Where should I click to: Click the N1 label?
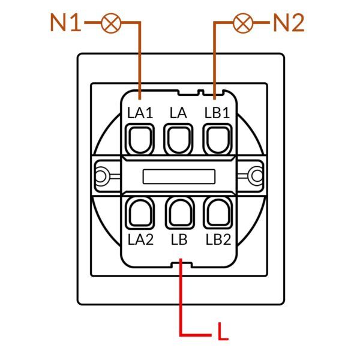pyautogui.click(x=65, y=23)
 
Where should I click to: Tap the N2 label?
pyautogui.click(x=289, y=23)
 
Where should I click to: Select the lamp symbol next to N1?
pyautogui.click(x=111, y=23)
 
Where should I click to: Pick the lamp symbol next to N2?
pyautogui.click(x=243, y=23)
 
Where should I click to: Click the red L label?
pyautogui.click(x=223, y=331)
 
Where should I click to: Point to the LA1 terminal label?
pyautogui.click(x=140, y=113)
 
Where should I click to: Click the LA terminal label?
pyautogui.click(x=178, y=113)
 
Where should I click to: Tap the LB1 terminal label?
pyautogui.click(x=217, y=113)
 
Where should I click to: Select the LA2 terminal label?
pyautogui.click(x=140, y=239)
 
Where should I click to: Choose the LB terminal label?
pyautogui.click(x=179, y=239)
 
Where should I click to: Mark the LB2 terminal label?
pyautogui.click(x=218, y=239)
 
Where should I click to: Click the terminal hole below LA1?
pyautogui.click(x=140, y=139)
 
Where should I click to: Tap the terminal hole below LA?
pyautogui.click(x=178, y=139)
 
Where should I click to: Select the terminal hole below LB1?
pyautogui.click(x=217, y=139)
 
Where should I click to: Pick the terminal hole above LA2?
pyautogui.click(x=140, y=213)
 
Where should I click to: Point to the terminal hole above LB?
pyautogui.click(x=180, y=213)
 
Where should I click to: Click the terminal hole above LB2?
pyautogui.click(x=218, y=213)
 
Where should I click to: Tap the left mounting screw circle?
pyautogui.click(x=100, y=176)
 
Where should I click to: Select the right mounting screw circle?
pyautogui.click(x=257, y=176)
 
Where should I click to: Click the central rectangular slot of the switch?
pyautogui.click(x=179, y=176)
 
